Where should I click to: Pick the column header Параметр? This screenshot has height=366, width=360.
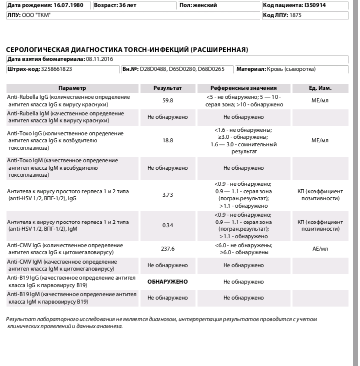(x=72, y=88)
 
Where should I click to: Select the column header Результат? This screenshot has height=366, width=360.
(x=167, y=88)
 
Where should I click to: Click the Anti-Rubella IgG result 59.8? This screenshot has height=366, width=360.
(x=167, y=100)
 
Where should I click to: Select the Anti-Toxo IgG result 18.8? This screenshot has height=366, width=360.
(x=167, y=141)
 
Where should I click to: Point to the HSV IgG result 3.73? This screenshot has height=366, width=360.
(x=167, y=195)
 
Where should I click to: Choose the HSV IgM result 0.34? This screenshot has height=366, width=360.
(x=167, y=225)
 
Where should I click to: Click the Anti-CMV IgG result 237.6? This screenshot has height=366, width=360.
(x=167, y=249)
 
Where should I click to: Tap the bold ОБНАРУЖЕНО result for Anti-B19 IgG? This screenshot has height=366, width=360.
(x=167, y=282)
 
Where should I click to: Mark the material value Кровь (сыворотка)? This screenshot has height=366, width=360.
(x=290, y=69)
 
